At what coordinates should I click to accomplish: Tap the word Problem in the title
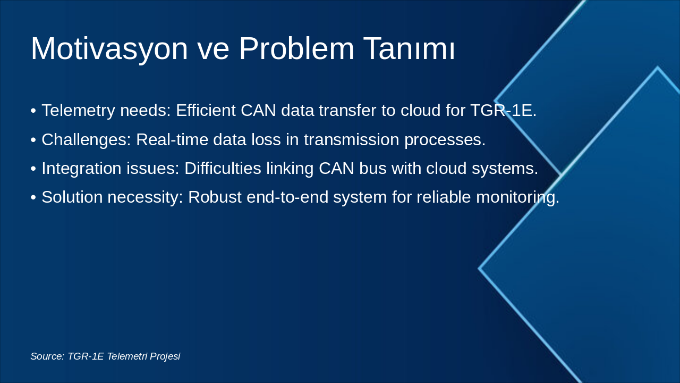[296, 48]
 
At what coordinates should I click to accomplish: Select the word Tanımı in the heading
[409, 48]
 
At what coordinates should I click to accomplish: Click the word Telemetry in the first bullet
[78, 111]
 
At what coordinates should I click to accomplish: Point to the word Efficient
[206, 110]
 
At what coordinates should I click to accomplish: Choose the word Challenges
[86, 140]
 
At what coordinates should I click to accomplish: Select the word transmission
[352, 139]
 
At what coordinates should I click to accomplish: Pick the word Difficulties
[223, 169]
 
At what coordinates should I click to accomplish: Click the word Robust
[215, 197]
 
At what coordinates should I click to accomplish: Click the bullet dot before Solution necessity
[33, 197]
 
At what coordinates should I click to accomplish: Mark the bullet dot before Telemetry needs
[33, 111]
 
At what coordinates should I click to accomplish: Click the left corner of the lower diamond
[479, 269]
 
